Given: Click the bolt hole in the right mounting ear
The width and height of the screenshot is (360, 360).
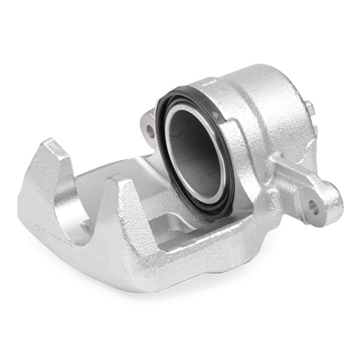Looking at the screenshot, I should pos(313,206).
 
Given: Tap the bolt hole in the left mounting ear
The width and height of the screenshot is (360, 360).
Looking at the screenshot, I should pos(149,129).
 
